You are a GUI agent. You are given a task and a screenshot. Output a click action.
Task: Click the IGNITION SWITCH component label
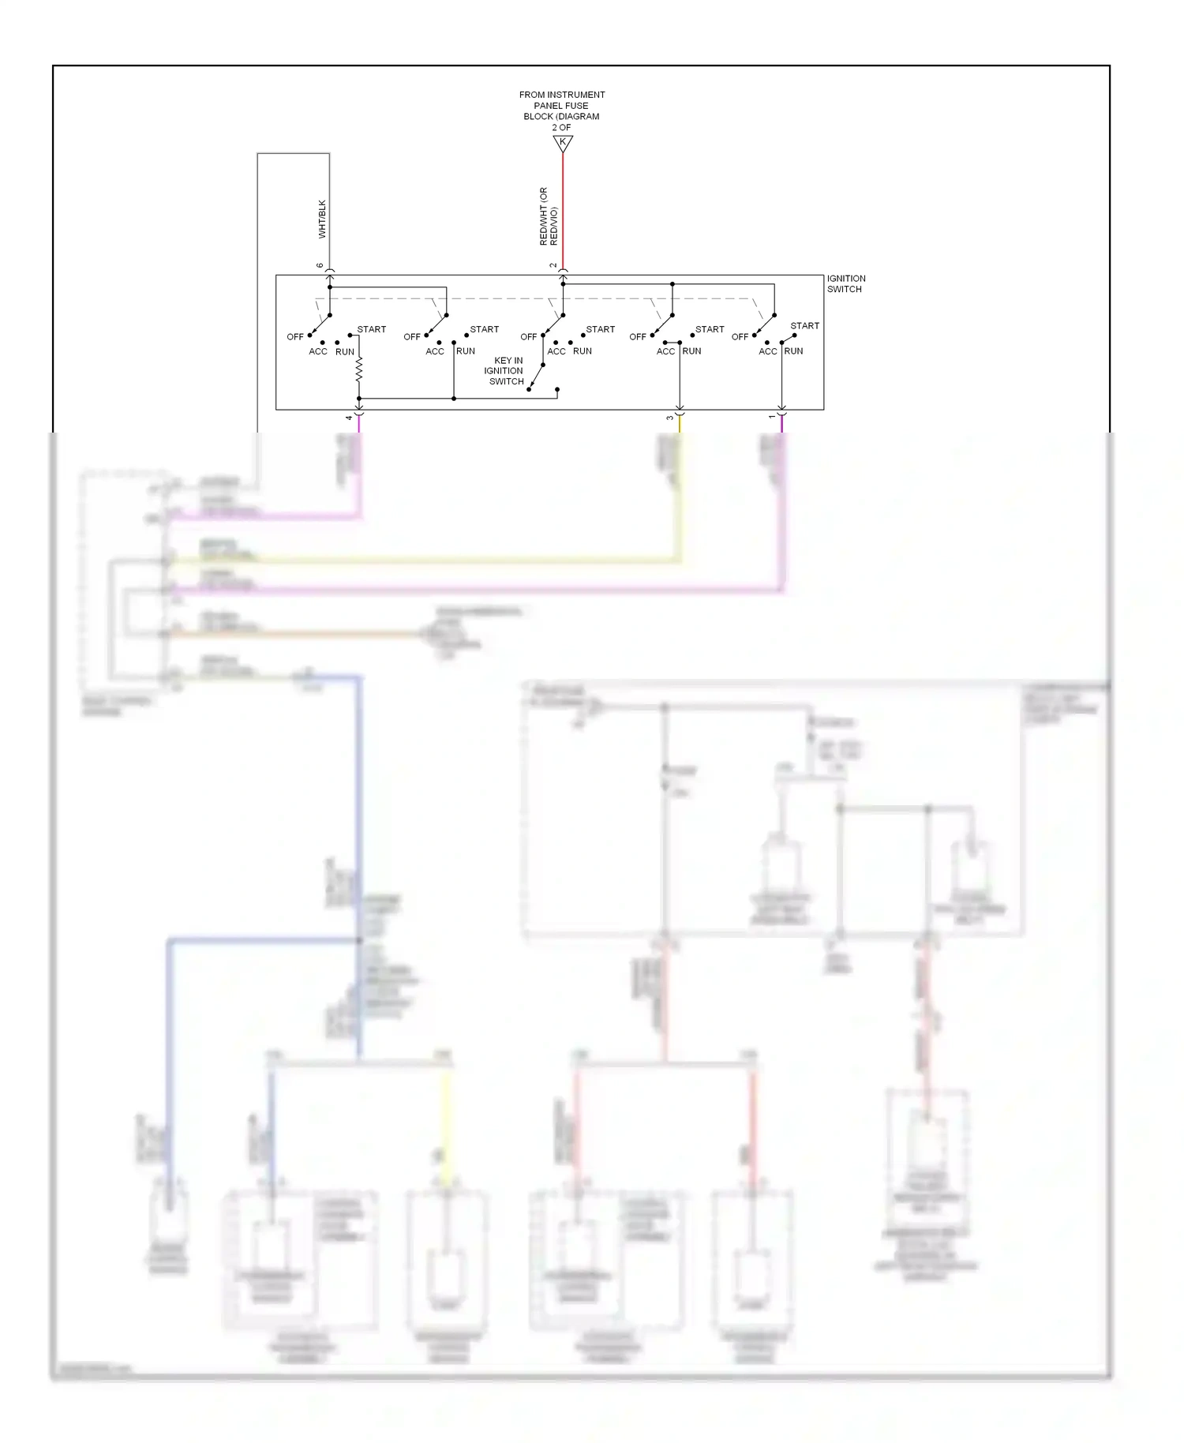845,284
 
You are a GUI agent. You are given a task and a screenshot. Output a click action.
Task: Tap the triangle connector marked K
563,143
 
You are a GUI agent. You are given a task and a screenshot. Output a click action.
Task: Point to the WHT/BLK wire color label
322,219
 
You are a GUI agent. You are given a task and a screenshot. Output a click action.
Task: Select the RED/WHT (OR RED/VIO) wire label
549,216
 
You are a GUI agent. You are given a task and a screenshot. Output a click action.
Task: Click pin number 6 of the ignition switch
320,265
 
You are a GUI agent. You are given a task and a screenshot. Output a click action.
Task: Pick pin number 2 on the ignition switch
553,265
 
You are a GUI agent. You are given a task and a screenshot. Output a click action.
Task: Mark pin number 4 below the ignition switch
349,418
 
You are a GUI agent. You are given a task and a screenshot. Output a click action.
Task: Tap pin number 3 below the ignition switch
670,418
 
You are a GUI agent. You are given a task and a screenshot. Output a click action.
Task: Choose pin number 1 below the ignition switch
772,417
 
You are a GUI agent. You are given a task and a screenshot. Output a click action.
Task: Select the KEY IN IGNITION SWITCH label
505,371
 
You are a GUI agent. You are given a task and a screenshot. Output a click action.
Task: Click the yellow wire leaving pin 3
680,489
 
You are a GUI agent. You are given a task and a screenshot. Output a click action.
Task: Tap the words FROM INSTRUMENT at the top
562,95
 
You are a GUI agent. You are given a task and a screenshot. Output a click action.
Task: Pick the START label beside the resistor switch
371,329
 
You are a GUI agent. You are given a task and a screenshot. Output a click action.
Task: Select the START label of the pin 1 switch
804,326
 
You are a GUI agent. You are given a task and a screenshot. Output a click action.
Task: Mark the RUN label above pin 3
691,351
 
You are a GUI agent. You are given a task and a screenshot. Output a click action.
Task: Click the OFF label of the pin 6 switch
295,337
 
